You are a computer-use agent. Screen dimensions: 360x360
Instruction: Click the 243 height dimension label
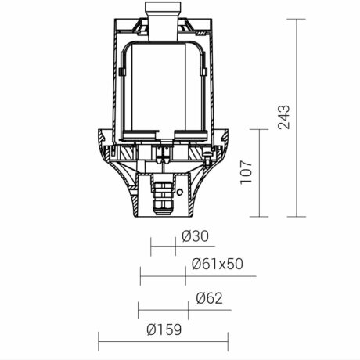283,117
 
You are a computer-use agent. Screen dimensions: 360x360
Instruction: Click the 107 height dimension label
246,172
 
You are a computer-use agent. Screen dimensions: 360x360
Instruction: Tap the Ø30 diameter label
196,236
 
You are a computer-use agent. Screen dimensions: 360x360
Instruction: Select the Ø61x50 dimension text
218,264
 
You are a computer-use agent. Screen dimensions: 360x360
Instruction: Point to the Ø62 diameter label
209,298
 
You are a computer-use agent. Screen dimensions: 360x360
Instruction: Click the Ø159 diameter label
164,329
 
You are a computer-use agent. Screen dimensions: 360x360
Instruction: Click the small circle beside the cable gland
180,192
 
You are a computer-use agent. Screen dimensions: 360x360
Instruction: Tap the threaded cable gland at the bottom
162,198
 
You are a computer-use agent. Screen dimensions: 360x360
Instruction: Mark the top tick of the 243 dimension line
297,19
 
